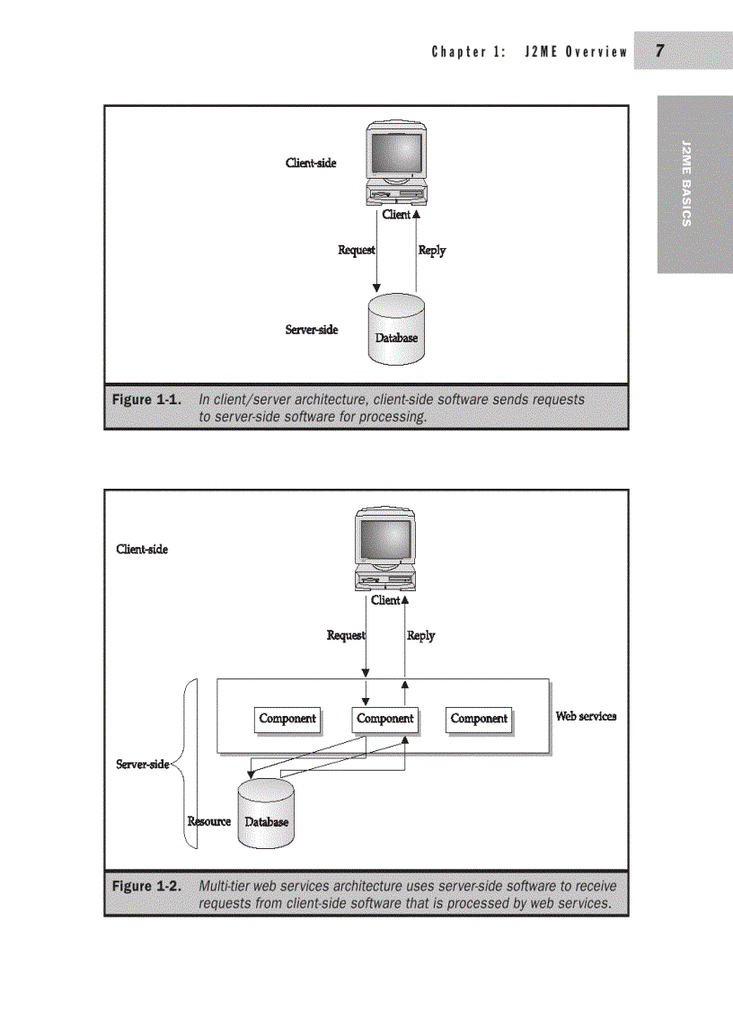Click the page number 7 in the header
pos(659,51)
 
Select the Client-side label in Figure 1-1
pos(311,163)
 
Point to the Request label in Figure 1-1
pos(356,250)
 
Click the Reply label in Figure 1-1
pos(432,250)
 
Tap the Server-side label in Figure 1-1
pos(312,330)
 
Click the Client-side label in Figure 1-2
pos(142,548)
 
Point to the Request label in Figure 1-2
pos(345,635)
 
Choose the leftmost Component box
pos(287,719)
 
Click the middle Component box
pos(385,719)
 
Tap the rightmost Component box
pos(479,719)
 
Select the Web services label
pos(586,716)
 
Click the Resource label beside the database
pos(208,821)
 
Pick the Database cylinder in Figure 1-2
pos(266,814)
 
